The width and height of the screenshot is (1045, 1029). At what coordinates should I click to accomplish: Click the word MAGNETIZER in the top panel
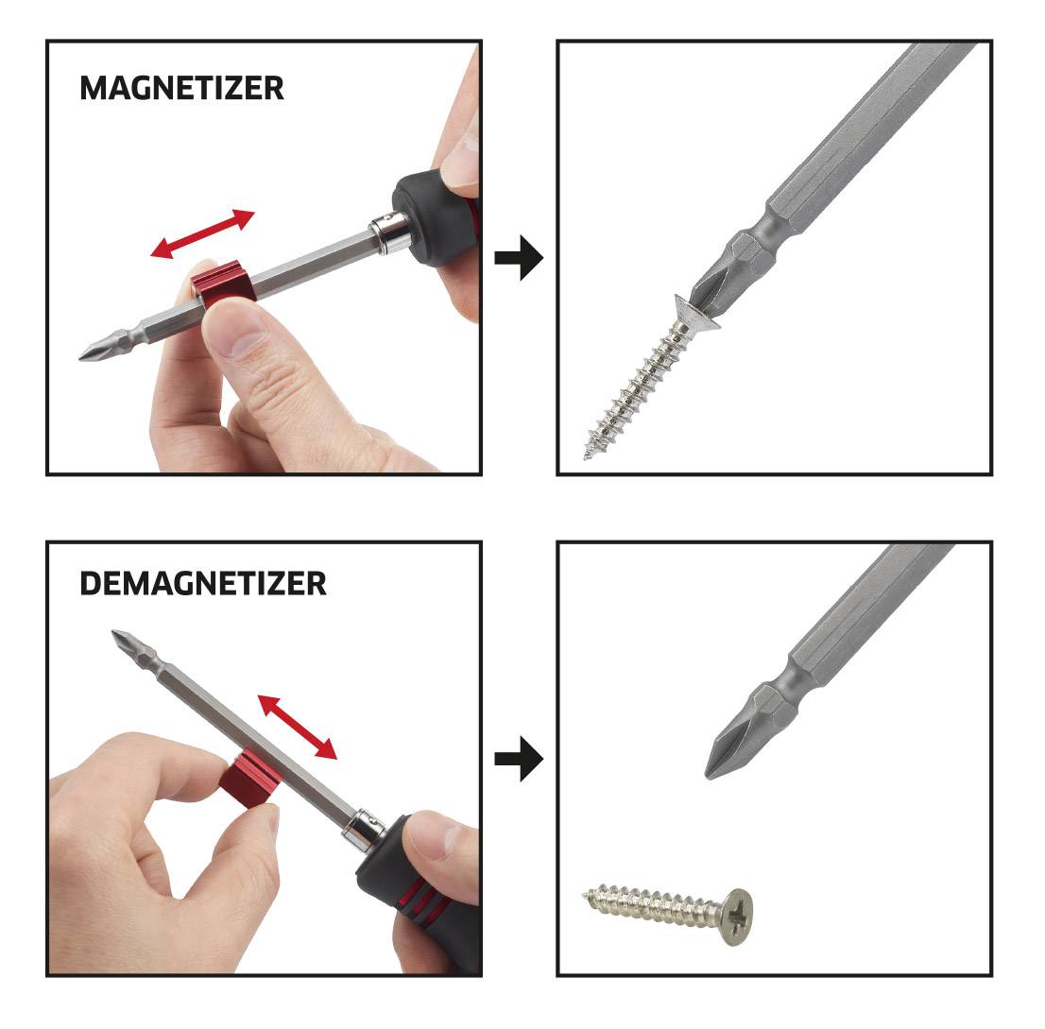[x=181, y=88]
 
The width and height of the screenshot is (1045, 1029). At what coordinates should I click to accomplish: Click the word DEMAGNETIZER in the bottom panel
[x=203, y=583]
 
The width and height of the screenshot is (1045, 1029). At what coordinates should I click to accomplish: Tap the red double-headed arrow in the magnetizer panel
[x=203, y=233]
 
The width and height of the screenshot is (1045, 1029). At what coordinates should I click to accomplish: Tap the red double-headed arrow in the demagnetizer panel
[x=298, y=727]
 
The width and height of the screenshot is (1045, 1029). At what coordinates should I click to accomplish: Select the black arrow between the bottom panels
[x=519, y=759]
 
